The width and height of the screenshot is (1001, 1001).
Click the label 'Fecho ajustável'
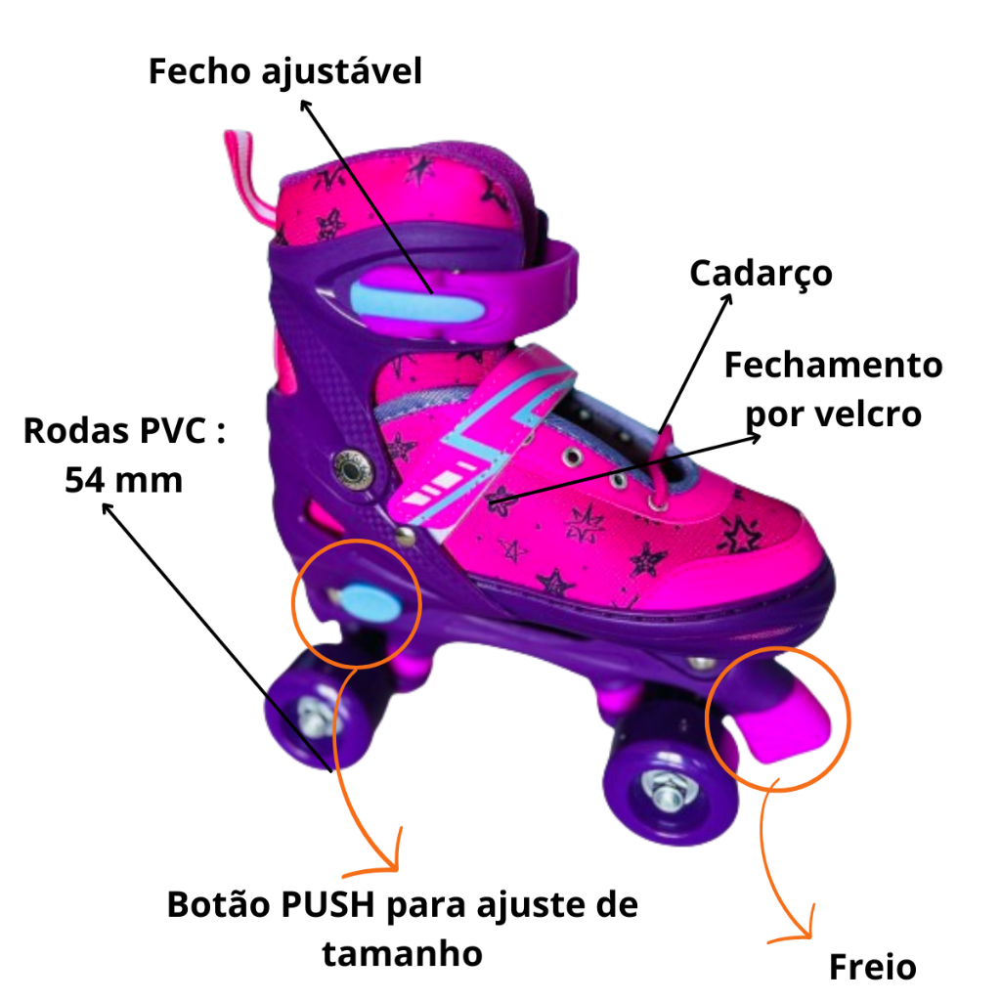[x=284, y=71]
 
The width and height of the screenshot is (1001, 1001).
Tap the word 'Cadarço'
[x=761, y=273]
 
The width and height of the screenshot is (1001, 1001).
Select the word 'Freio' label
[x=872, y=967]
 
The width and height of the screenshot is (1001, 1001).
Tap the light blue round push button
[x=364, y=598]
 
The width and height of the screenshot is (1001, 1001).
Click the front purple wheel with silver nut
[x=663, y=790]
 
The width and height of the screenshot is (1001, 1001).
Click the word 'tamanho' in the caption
[x=402, y=952]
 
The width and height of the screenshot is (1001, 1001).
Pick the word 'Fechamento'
[x=833, y=366]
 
